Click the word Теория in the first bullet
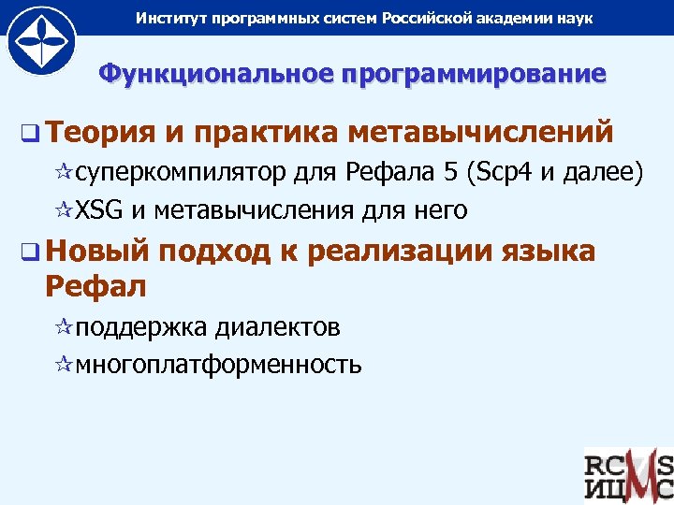[x=98, y=133]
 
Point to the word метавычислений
[x=480, y=133]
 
